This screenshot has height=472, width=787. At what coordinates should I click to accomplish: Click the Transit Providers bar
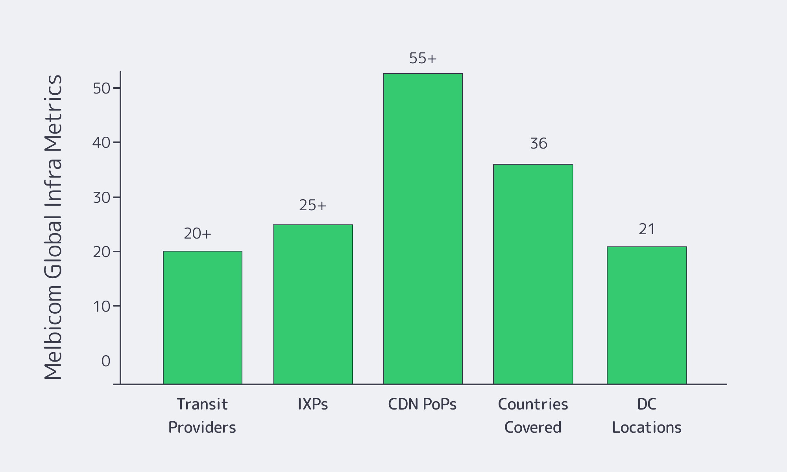tap(203, 317)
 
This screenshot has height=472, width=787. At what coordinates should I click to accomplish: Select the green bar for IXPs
tap(313, 304)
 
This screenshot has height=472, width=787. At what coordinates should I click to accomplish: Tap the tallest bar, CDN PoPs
tap(423, 228)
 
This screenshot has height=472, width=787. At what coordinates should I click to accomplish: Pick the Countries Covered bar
tap(533, 274)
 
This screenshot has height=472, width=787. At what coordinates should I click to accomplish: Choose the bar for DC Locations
tap(647, 315)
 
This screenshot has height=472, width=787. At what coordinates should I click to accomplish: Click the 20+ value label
tap(198, 234)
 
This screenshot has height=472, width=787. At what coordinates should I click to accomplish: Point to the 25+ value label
tap(313, 205)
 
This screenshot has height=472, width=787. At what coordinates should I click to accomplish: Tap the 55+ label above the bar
tap(423, 59)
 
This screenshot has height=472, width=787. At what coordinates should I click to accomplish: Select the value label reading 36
tap(539, 143)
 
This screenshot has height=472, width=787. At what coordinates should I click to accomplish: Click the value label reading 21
tap(647, 229)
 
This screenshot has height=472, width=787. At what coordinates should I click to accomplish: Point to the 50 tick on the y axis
tap(102, 88)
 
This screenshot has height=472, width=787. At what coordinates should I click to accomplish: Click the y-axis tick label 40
tap(102, 143)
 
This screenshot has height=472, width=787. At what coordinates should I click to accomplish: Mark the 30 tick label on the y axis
tap(102, 197)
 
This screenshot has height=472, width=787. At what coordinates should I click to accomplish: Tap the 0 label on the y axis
tap(106, 361)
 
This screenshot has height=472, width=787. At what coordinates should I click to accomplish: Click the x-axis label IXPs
tap(313, 404)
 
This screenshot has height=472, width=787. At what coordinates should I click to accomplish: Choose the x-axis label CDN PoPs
tap(422, 404)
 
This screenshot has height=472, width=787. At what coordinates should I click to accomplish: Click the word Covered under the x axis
tap(533, 427)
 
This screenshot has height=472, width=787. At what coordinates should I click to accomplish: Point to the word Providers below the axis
tap(202, 427)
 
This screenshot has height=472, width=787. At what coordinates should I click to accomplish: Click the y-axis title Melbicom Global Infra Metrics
tap(53, 227)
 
